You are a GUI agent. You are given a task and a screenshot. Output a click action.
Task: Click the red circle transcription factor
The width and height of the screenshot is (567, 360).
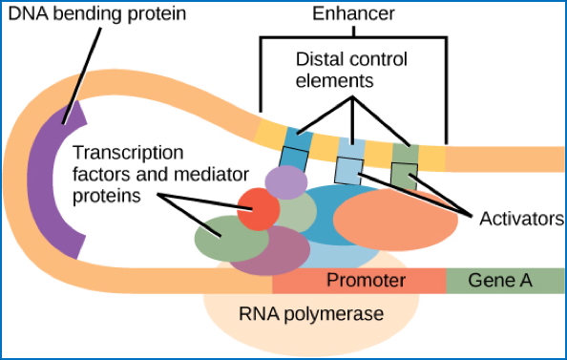tap(259, 209)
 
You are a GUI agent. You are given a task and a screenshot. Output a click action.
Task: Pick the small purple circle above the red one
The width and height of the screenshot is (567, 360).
tap(283, 180)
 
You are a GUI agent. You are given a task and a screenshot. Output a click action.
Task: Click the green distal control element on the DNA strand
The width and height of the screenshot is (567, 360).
tap(405, 152)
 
